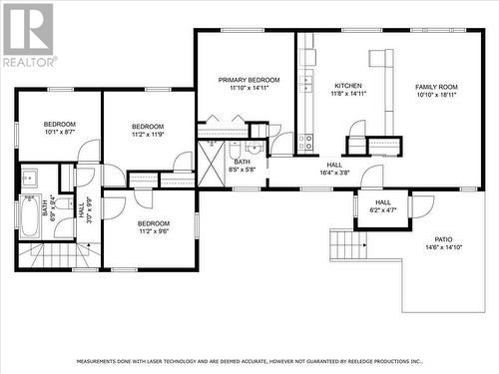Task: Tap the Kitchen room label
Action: click(x=347, y=86)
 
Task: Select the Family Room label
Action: click(x=436, y=88)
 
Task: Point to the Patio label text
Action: click(x=443, y=240)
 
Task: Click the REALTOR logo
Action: click(x=27, y=35)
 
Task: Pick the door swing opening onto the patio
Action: click(x=421, y=205)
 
